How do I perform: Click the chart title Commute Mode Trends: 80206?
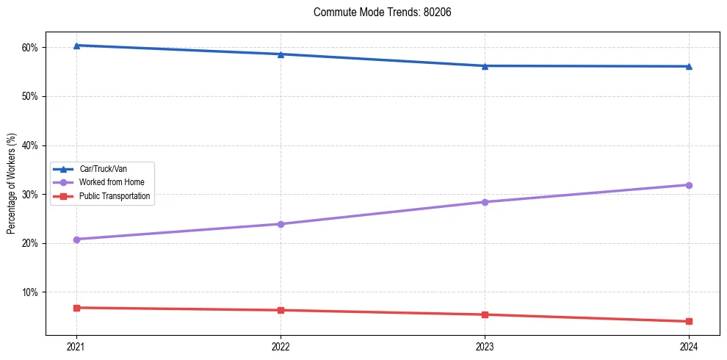(382, 12)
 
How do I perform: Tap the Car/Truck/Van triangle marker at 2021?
(76, 46)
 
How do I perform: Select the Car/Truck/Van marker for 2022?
(281, 54)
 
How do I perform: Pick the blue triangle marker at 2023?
(485, 65)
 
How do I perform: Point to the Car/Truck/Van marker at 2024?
(689, 66)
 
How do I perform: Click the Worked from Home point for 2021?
(76, 239)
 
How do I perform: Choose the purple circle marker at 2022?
(281, 223)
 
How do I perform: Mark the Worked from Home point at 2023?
(485, 202)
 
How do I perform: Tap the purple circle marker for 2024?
(689, 185)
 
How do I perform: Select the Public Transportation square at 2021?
(76, 308)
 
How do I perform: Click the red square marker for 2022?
(281, 310)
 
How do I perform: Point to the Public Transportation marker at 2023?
(485, 314)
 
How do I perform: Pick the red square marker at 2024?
(689, 321)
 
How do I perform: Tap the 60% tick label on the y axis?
(30, 48)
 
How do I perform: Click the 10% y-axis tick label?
(30, 292)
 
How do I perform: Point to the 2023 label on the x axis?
(485, 346)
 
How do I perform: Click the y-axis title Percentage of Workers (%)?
(12, 184)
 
